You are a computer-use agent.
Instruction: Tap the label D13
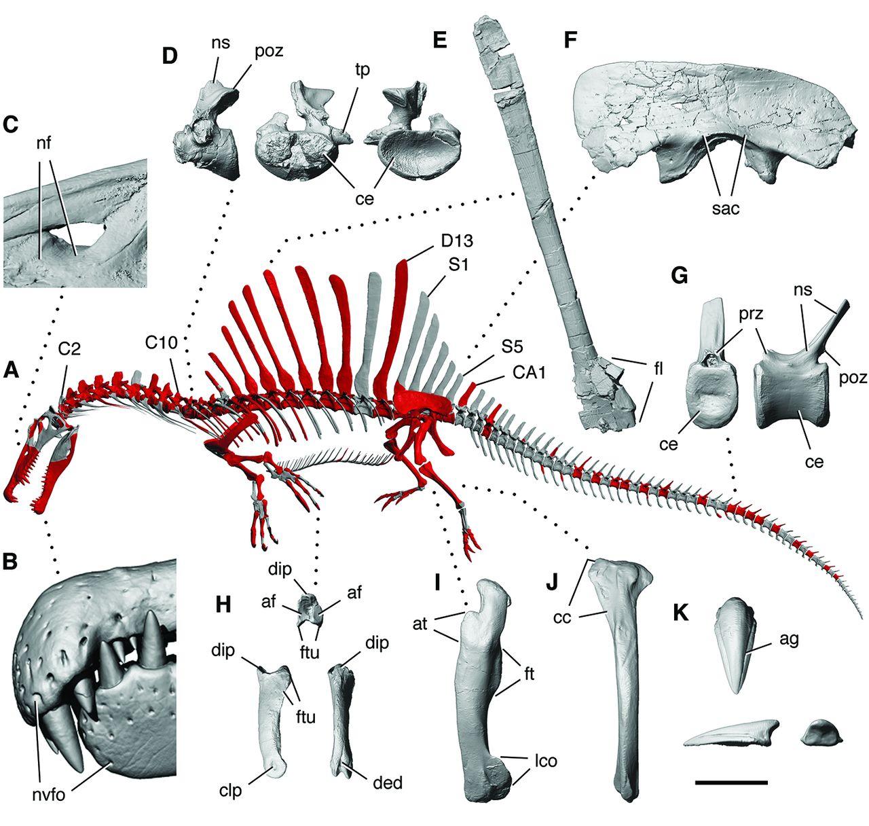pos(458,240)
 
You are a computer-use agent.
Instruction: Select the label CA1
pos(529,372)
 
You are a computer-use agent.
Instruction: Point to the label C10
pos(162,342)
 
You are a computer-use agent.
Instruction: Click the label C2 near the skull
pos(69,348)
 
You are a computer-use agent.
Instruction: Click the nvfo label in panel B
pos(49,795)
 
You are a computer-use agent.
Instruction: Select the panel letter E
pos(440,41)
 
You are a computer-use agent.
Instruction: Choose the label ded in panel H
pos(388,783)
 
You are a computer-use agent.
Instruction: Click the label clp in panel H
pos(230,790)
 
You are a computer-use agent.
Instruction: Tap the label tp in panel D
pos(362,69)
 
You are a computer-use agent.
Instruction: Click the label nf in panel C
pos(43,143)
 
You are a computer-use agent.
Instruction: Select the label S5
pos(512,347)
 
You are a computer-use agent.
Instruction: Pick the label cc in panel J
pos(562,617)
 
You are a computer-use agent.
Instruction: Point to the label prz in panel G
pos(751,314)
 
